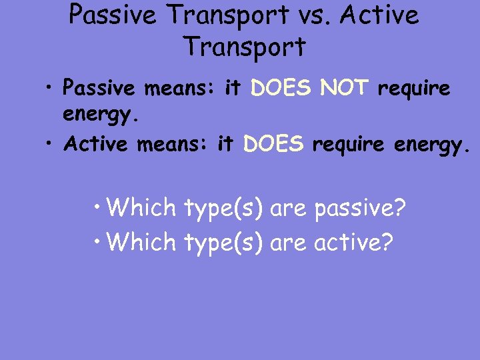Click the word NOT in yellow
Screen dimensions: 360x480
(x=343, y=87)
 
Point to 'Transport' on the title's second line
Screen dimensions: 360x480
(x=244, y=47)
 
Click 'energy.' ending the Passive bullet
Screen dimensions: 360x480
(x=101, y=117)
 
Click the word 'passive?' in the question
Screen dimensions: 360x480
(x=359, y=208)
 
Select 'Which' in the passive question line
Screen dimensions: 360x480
(x=141, y=208)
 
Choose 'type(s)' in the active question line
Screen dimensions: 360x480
(x=223, y=242)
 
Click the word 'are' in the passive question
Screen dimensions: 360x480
(x=288, y=209)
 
